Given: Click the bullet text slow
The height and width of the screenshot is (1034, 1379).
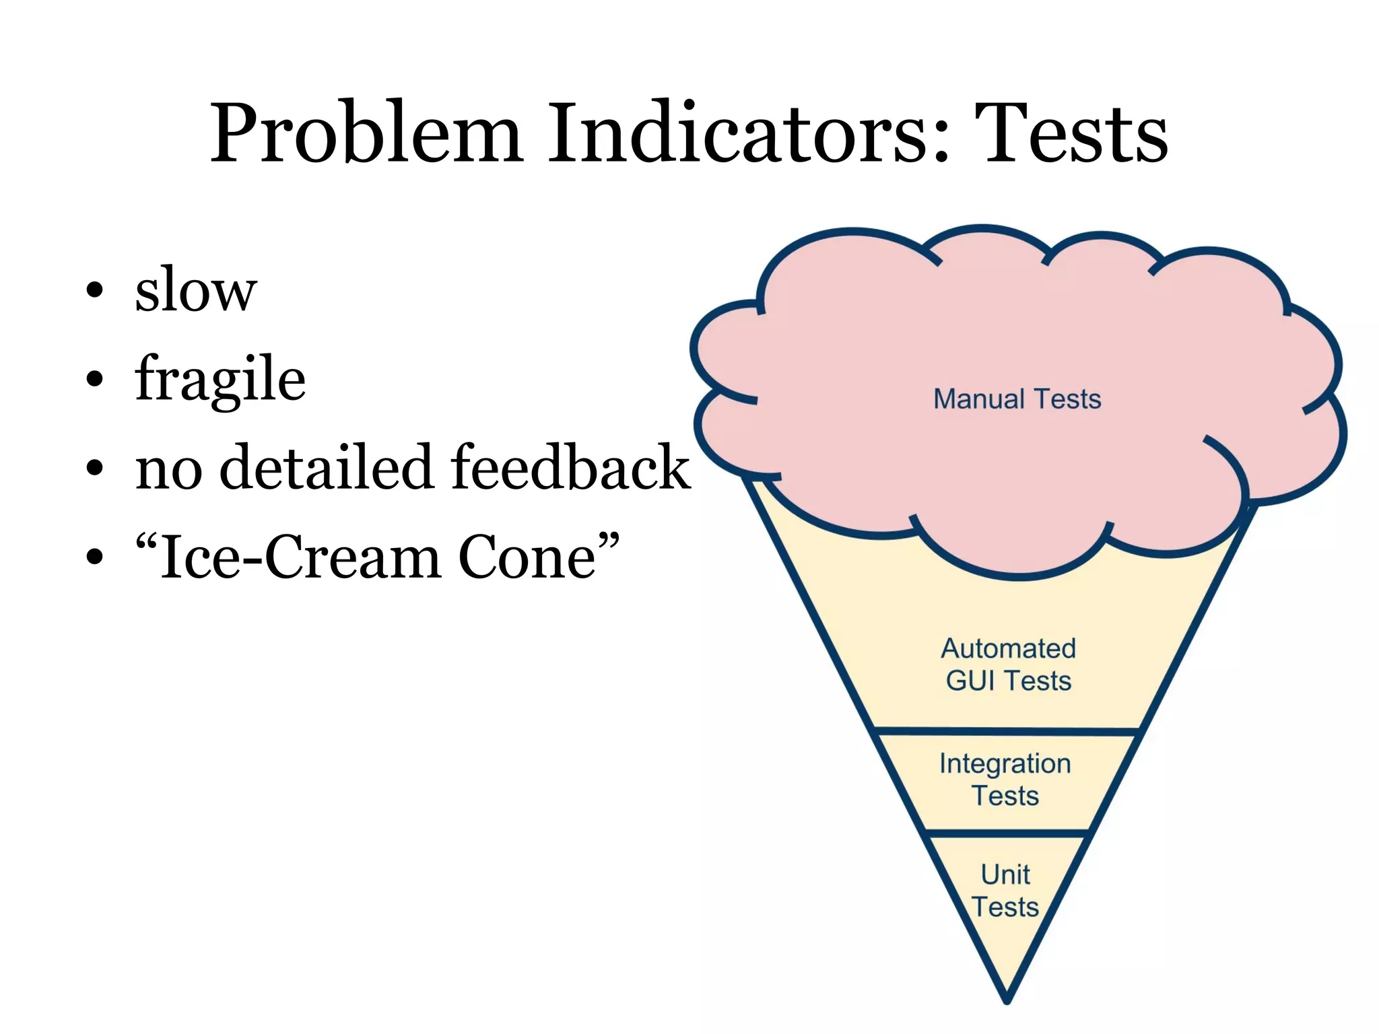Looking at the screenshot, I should [196, 290].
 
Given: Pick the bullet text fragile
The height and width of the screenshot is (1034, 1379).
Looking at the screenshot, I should [220, 380].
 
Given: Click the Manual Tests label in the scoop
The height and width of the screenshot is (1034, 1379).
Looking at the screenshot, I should [1017, 399].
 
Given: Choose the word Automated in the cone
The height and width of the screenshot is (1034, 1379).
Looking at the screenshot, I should [1008, 649].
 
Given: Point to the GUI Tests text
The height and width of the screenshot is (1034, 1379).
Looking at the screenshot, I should [1008, 681].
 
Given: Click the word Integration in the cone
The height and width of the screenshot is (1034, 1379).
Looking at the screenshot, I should [1005, 764].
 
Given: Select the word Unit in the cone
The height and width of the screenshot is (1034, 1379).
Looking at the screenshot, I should [1005, 875].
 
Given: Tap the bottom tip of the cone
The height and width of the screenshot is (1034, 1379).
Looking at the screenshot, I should [1007, 999].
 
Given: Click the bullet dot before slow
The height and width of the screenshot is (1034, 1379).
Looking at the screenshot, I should [95, 290].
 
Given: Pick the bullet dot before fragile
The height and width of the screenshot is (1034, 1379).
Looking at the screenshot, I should [95, 379].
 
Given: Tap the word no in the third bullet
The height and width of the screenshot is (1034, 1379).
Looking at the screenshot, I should [168, 468].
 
